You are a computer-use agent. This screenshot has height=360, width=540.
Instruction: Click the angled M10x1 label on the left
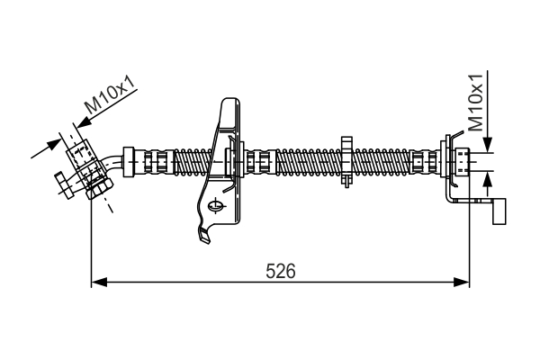click(110, 96)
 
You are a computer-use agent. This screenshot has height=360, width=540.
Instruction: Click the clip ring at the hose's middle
click(346, 161)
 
